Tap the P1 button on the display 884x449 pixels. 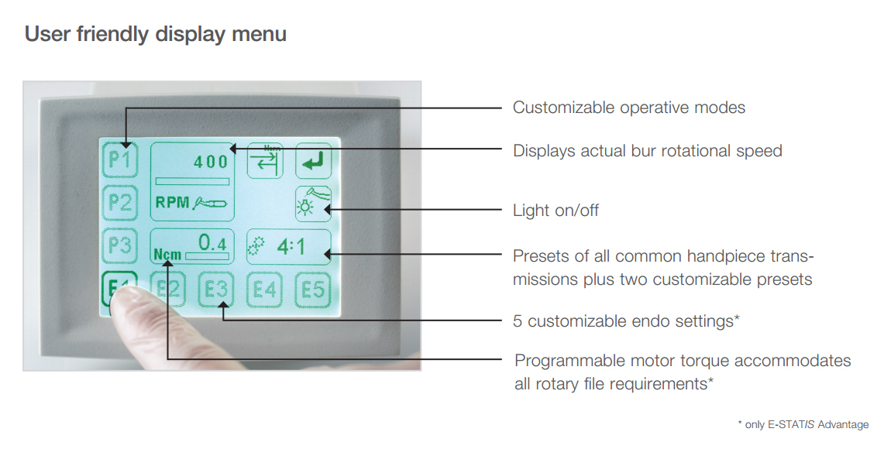pos(120,160)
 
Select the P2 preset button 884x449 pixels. pos(120,203)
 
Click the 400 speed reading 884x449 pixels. pos(211,163)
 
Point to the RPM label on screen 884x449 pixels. pos(172,202)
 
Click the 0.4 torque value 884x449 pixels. pos(212,243)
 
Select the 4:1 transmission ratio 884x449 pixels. pos(291,247)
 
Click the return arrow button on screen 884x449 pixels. pos(313,160)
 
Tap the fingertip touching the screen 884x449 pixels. pos(126,297)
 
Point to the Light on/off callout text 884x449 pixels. pos(556,210)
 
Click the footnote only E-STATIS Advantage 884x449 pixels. pos(803,424)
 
